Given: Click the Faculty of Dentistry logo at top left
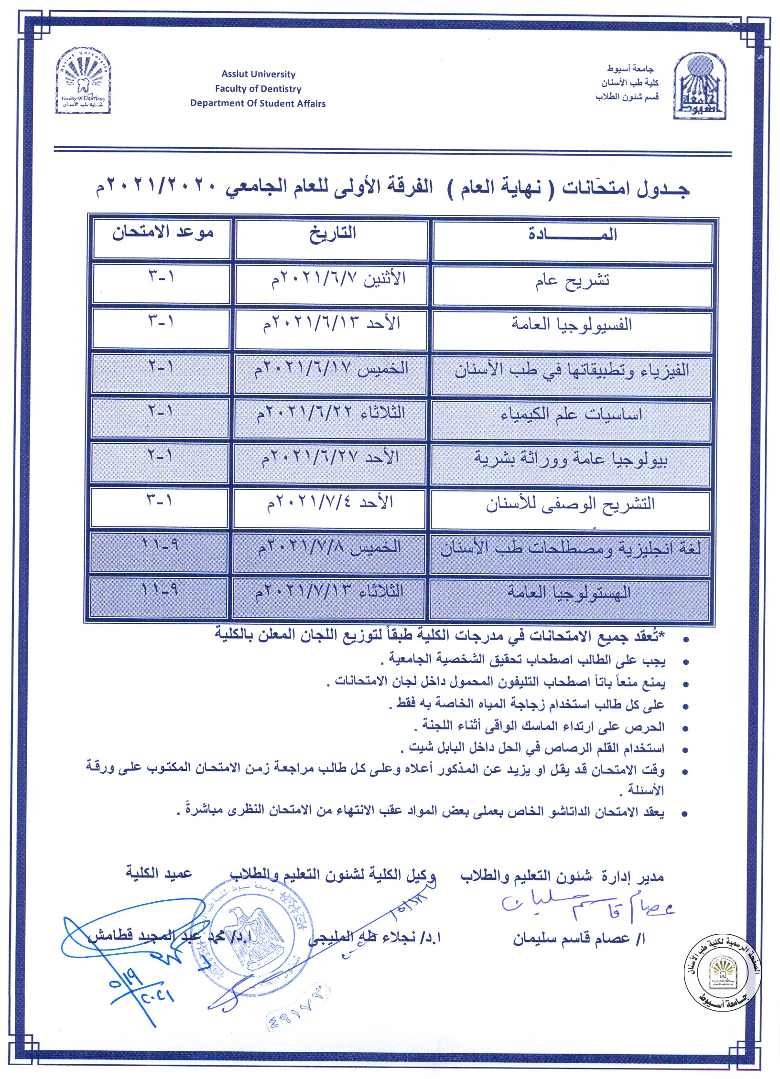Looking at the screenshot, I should point(84,80).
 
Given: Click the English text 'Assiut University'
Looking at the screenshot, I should point(258,74).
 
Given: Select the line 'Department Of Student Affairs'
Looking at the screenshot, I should point(258,103).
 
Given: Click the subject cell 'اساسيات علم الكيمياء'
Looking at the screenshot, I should point(572,414).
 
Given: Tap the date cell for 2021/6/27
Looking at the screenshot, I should point(330,458).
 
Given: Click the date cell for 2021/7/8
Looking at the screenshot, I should point(329,548).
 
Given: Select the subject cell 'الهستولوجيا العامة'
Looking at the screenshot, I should point(570,593).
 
